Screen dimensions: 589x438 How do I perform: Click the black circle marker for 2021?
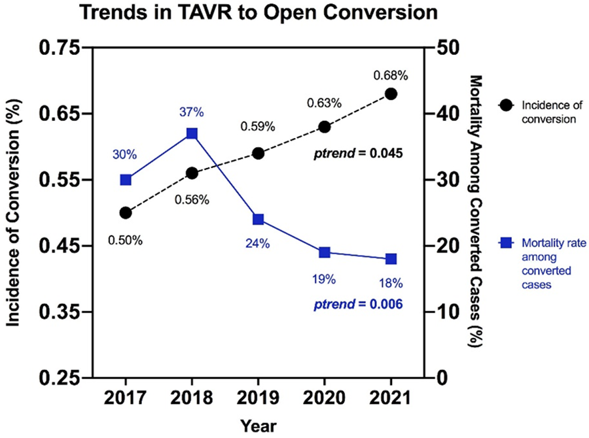click(391, 94)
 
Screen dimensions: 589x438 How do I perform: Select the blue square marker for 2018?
click(192, 133)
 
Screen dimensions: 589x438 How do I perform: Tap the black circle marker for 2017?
click(126, 213)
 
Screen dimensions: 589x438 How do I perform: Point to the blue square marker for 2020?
click(325, 252)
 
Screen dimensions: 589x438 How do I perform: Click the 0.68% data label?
click(391, 76)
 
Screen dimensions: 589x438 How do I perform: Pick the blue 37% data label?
click(192, 112)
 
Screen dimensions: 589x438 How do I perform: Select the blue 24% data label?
click(258, 244)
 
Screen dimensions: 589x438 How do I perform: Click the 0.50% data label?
click(126, 240)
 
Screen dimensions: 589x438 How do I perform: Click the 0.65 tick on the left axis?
click(60, 114)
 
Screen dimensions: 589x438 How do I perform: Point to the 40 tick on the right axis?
click(448, 114)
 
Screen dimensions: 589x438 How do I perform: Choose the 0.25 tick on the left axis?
click(60, 378)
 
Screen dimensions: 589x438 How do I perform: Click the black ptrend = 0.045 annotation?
click(359, 153)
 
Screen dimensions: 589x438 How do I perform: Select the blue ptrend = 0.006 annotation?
click(359, 304)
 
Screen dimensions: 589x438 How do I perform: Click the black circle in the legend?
click(506, 105)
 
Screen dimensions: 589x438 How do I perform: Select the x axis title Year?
click(259, 426)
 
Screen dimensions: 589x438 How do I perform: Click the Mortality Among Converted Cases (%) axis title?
click(476, 211)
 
